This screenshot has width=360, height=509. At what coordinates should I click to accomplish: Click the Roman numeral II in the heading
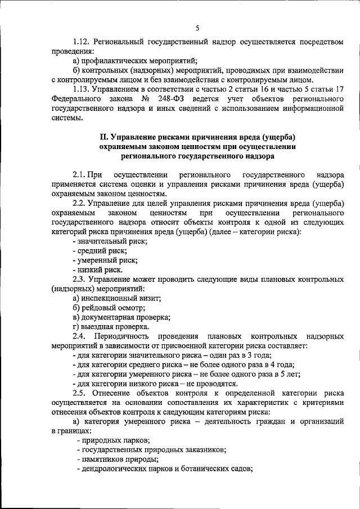(x=103, y=137)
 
